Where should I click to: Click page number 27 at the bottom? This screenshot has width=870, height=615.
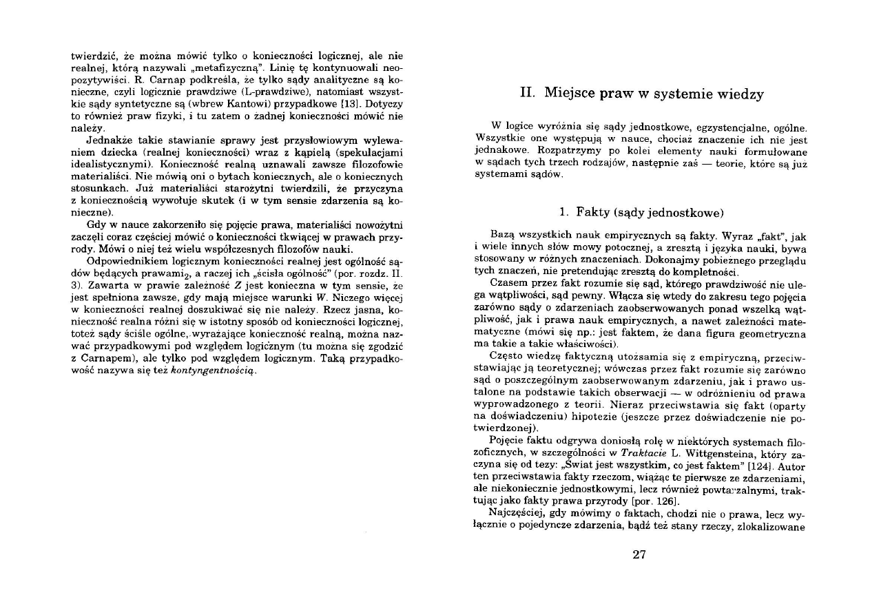(x=639, y=555)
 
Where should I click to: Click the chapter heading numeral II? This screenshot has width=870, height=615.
(x=528, y=94)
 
